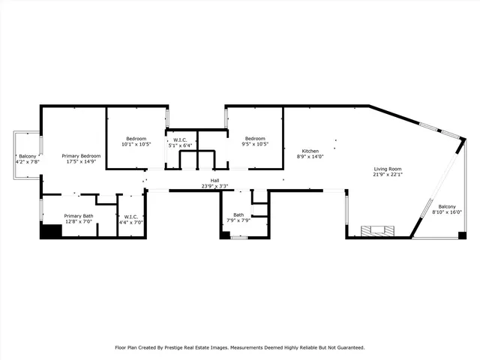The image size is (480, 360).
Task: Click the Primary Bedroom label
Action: click(x=81, y=155)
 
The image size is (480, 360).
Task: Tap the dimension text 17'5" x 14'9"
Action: click(x=81, y=161)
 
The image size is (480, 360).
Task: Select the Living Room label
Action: click(x=388, y=169)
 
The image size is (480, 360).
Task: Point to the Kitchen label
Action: click(x=310, y=151)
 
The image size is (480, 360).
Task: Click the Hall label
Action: click(x=214, y=181)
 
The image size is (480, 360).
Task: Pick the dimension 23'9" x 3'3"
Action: click(x=214, y=186)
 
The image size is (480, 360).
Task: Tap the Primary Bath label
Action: click(x=78, y=216)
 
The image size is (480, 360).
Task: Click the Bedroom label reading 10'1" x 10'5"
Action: click(x=136, y=139)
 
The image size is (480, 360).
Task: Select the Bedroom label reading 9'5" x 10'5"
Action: click(x=255, y=138)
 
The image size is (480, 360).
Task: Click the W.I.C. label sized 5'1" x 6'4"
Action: click(x=180, y=139)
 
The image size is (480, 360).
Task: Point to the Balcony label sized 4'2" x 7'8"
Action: click(x=28, y=156)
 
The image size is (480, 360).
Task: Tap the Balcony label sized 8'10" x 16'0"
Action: click(x=447, y=206)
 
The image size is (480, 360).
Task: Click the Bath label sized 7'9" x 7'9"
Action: click(x=238, y=214)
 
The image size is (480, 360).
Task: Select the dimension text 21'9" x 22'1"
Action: click(x=388, y=175)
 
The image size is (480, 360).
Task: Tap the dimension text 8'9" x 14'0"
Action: click(x=310, y=157)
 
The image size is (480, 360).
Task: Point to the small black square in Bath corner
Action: click(x=224, y=235)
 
